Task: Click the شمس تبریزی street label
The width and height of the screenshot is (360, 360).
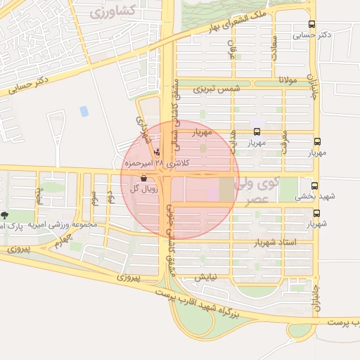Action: click(217, 89)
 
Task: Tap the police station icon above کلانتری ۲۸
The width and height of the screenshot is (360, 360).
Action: click(156, 150)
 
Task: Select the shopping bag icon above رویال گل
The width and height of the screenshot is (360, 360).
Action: click(144, 178)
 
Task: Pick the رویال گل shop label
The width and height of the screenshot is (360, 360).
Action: click(144, 188)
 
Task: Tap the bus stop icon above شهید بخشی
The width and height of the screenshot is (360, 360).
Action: click(314, 186)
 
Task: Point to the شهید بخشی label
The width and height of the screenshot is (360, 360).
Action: click(314, 197)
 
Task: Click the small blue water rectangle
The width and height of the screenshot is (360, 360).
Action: click(84, 111)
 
